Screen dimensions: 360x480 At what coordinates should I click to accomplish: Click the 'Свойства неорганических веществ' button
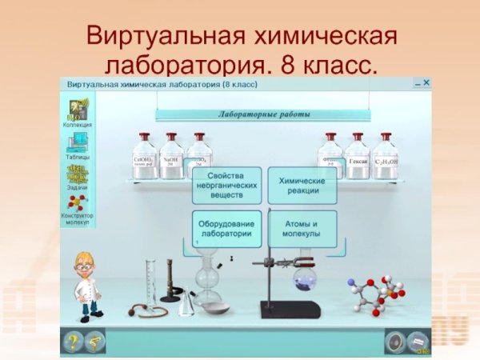[228, 185]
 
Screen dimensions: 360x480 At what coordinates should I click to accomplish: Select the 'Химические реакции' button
[302, 185]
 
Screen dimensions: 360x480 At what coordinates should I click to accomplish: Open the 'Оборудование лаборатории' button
[228, 229]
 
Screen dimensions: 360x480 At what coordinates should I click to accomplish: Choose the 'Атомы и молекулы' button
[302, 229]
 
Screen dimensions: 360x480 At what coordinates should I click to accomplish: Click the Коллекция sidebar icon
[78, 111]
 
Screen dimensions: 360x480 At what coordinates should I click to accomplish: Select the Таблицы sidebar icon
[78, 144]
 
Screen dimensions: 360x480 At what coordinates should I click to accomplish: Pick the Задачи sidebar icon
[78, 174]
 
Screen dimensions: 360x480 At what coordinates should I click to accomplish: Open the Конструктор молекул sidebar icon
[78, 203]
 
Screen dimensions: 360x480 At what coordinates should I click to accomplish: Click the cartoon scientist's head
[86, 264]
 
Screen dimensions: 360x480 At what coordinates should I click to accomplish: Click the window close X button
[426, 82]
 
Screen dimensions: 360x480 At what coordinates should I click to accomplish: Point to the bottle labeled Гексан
[358, 157]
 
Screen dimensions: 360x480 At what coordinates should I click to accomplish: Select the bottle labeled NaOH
[171, 157]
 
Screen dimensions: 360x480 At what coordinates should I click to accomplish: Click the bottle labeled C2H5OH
[386, 157]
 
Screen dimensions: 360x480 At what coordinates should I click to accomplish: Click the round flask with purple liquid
[305, 280]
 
